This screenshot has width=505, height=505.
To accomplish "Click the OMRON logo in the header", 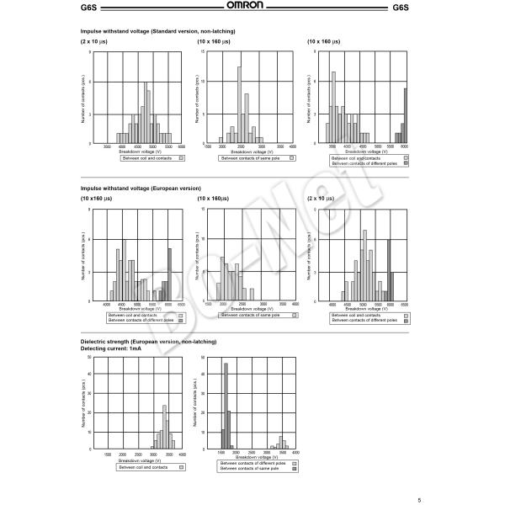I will click(x=252, y=8).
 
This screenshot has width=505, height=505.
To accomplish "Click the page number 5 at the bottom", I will click(x=490, y=499).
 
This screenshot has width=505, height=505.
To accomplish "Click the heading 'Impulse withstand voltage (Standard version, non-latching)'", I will click(x=157, y=31).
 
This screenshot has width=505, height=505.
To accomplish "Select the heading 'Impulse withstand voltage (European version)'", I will click(x=141, y=189).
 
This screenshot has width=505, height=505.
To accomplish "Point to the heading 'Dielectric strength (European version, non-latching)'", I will click(x=148, y=342).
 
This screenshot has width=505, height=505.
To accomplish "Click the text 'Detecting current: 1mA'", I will click(x=109, y=348).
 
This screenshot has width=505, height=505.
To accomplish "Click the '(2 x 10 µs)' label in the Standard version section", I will click(x=95, y=40).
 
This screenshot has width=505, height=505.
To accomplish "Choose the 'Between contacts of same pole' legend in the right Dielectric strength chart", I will click(x=253, y=468).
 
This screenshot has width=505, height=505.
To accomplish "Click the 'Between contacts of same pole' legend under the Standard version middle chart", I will click(x=253, y=157).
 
